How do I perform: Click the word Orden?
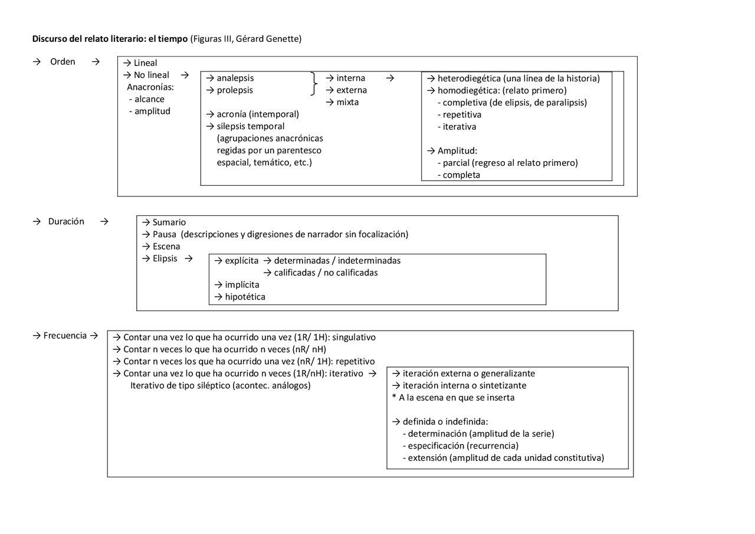click(63, 62)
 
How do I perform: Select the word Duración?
click(66, 221)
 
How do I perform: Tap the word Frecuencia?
click(65, 335)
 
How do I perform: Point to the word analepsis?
click(235, 78)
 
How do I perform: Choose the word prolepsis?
click(234, 90)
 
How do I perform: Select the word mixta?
click(347, 102)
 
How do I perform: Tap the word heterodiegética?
click(469, 78)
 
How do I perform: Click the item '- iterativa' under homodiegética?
click(457, 126)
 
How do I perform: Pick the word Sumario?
click(169, 222)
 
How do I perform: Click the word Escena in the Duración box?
click(166, 247)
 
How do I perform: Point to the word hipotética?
click(245, 297)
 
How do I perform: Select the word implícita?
click(242, 284)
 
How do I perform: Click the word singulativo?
click(354, 338)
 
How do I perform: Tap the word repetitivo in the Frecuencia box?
click(355, 361)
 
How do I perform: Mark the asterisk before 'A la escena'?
click(394, 398)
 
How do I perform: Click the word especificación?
click(436, 445)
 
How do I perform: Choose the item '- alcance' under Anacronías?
click(146, 99)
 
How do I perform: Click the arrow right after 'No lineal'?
click(185, 75)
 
